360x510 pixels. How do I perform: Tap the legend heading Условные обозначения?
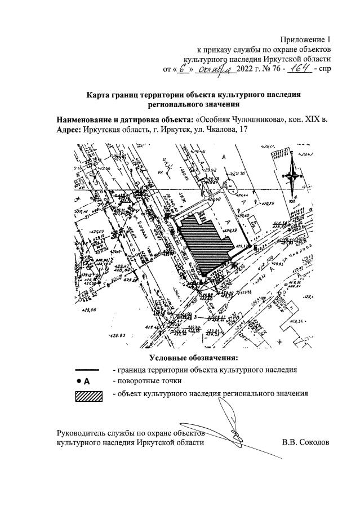click(x=194, y=358)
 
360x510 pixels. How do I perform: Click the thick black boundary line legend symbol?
click(x=87, y=370)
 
